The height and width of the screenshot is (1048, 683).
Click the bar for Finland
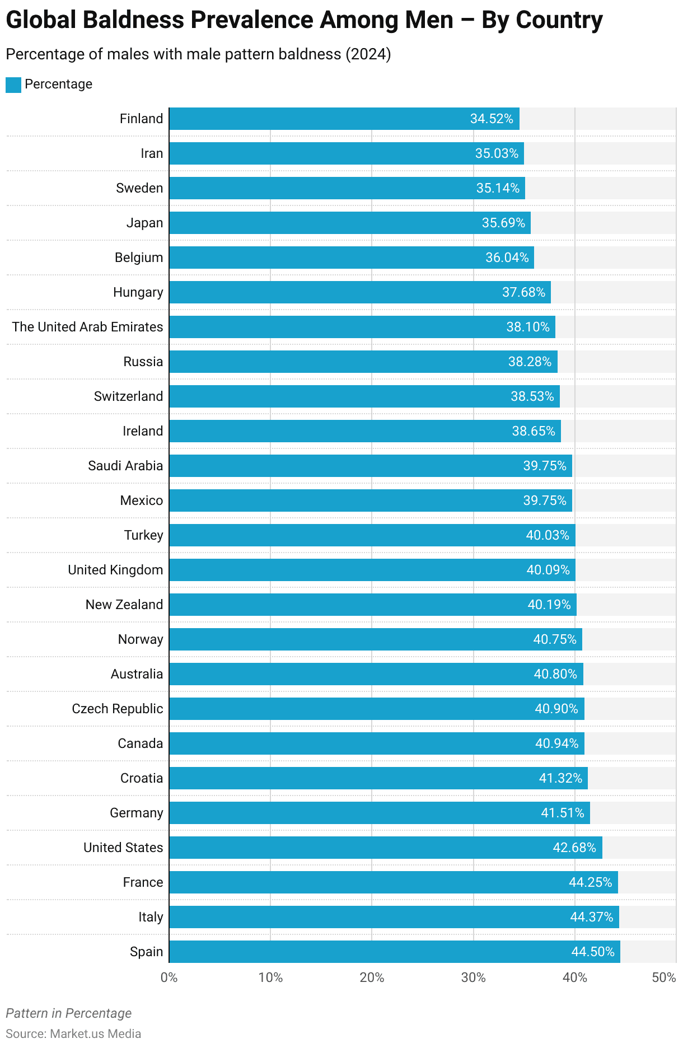pyautogui.click(x=344, y=119)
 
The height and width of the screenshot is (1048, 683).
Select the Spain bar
pyautogui.click(x=395, y=952)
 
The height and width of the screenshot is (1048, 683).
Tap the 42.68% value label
pyautogui.click(x=574, y=848)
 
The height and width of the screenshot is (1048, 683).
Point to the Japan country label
pyautogui.click(x=144, y=223)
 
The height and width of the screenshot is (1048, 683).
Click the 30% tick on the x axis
pyautogui.click(x=473, y=977)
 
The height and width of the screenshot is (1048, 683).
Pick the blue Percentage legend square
pyautogui.click(x=13, y=85)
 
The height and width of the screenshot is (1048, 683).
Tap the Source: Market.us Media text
pyautogui.click(x=73, y=1033)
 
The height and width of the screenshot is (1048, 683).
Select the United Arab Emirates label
pyautogui.click(x=87, y=327)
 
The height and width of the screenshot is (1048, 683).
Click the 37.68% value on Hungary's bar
pyautogui.click(x=523, y=292)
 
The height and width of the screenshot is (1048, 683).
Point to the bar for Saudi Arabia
pyautogui.click(x=371, y=466)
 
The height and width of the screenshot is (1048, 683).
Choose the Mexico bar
pyautogui.click(x=371, y=500)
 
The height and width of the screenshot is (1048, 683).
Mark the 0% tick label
pyautogui.click(x=169, y=977)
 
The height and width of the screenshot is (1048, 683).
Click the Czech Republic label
pyautogui.click(x=118, y=709)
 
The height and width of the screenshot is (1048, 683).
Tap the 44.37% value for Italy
pyautogui.click(x=592, y=917)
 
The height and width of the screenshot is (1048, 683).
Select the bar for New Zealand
pyautogui.click(x=373, y=605)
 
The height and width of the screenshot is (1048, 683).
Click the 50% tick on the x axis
pyautogui.click(x=664, y=977)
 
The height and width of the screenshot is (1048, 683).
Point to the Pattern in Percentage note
pyautogui.click(x=69, y=1013)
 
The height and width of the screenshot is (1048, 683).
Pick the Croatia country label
pyautogui.click(x=142, y=778)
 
